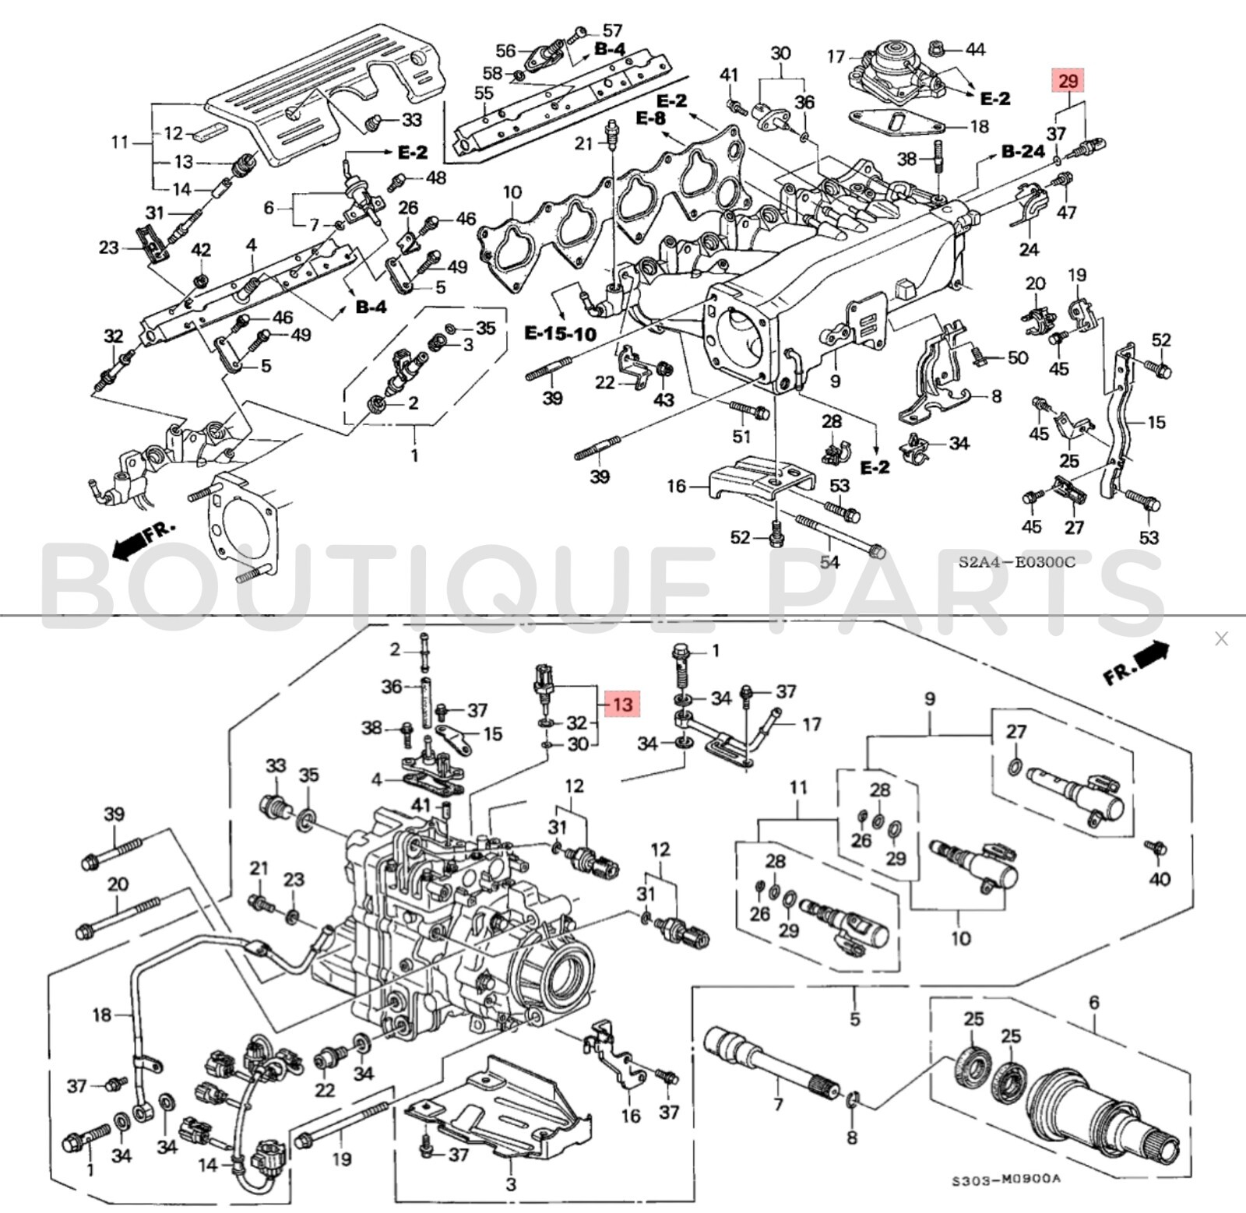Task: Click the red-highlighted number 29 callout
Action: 1068,80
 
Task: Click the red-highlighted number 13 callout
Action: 623,704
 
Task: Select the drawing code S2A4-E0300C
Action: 1015,562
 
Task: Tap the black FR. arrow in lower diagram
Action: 1137,663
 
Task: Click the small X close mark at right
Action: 1220,638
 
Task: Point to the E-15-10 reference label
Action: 560,333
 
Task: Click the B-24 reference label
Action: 1022,151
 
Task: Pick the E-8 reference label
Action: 651,118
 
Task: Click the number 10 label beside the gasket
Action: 512,192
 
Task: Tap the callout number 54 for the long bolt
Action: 830,561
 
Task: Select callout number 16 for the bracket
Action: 676,487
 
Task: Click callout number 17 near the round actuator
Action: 836,56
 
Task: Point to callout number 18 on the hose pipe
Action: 102,1014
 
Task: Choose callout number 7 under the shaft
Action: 777,1103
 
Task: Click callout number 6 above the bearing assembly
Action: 1093,1002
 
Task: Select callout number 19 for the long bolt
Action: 342,1159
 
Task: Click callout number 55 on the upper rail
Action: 484,93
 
